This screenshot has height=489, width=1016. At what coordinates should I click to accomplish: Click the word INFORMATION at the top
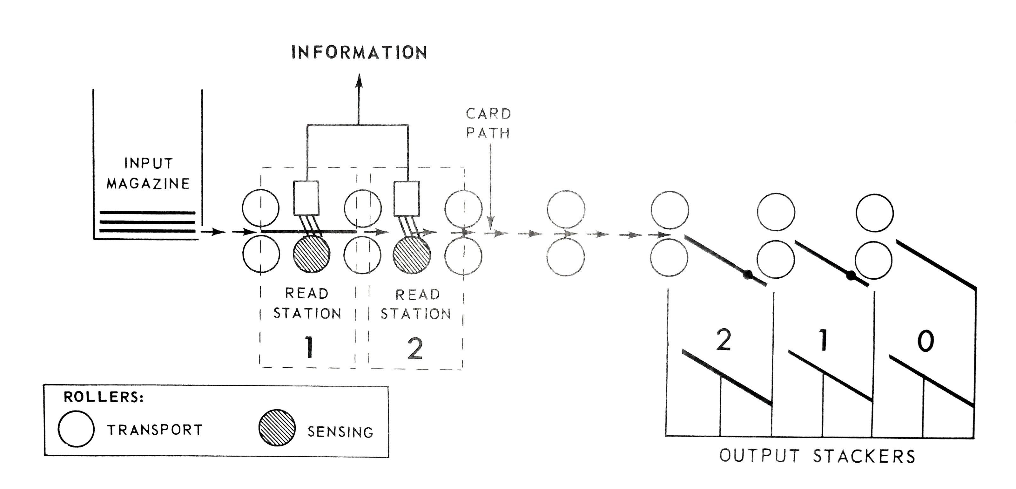pos(359,52)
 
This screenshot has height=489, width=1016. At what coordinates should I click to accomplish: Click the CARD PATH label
pos(488,123)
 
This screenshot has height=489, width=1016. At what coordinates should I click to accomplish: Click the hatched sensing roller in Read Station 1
pos(312,255)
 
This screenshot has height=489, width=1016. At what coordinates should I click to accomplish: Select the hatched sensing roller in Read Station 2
pos(412,255)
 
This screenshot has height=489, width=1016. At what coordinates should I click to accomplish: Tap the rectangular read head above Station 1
pos(306,198)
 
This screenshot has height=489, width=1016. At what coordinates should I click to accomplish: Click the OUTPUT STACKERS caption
pos(817,456)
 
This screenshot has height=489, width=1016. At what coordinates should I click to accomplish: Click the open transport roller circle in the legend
pos(76,429)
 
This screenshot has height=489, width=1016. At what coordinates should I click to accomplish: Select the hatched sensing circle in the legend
pos(277,428)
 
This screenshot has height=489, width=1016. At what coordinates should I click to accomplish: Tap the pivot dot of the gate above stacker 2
pos(747,275)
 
